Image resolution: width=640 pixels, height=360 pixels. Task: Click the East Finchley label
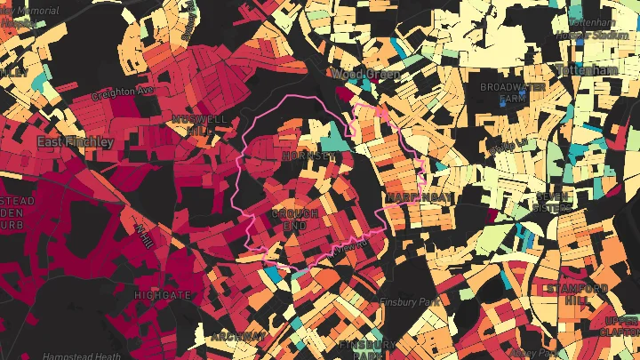pos(75,142)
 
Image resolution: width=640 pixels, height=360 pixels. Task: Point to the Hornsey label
pos(307,156)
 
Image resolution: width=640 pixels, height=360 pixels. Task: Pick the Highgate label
pos(163,294)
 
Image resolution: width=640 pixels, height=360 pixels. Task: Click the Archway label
pos(239,337)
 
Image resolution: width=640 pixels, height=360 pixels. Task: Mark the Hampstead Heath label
pos(82,356)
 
